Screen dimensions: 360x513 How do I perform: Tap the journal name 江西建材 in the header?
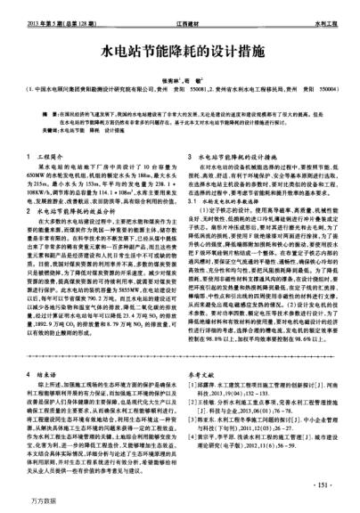[x=181, y=12]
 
